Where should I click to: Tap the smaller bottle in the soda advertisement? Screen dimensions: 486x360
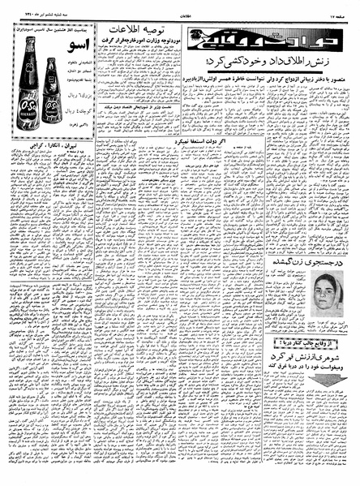coord(52,92)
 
